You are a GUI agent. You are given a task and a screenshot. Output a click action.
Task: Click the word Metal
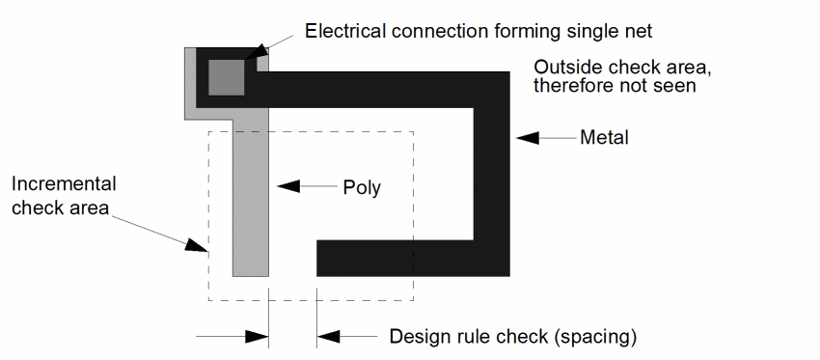(x=604, y=138)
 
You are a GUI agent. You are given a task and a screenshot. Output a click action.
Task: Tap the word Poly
(x=362, y=187)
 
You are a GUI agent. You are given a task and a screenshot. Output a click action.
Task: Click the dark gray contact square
(x=227, y=77)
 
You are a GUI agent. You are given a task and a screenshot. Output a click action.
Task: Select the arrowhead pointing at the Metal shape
(x=527, y=138)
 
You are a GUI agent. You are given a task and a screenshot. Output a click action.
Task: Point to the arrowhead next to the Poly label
(x=288, y=185)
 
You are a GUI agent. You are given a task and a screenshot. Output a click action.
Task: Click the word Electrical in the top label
(x=345, y=31)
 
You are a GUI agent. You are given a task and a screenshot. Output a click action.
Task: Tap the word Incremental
(x=64, y=183)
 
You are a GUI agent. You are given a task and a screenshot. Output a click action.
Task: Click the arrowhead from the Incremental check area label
(x=197, y=245)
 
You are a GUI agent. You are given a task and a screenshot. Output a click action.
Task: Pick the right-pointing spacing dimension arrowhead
(x=257, y=337)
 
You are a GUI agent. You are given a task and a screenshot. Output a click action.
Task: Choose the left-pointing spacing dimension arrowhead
(x=328, y=337)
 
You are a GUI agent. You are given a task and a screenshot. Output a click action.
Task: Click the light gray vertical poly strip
(x=251, y=198)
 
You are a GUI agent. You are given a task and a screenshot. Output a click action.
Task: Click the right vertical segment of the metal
(x=492, y=174)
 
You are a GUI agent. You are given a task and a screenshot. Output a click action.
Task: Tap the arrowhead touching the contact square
(x=254, y=53)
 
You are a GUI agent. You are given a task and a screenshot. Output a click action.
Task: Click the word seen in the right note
(x=676, y=85)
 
